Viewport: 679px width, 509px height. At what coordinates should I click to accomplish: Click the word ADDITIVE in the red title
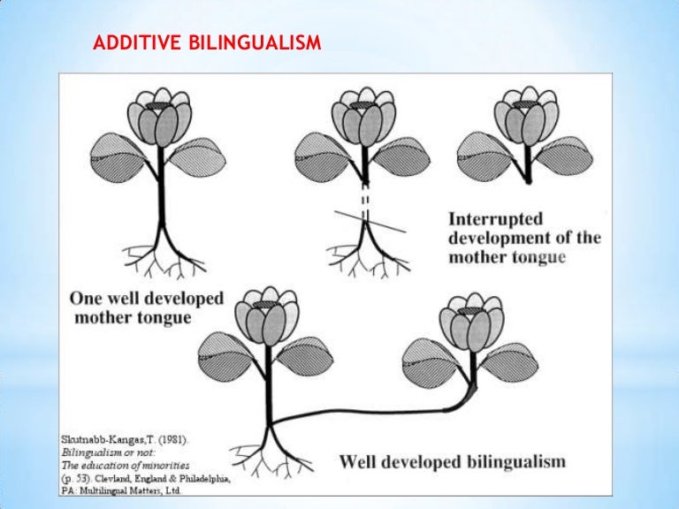(138, 42)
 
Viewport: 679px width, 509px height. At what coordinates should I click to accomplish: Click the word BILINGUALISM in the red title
(256, 42)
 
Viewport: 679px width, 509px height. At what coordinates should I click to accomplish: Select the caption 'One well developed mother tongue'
(146, 307)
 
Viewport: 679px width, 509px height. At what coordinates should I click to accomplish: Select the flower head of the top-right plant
(527, 116)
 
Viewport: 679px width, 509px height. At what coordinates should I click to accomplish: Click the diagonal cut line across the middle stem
(371, 220)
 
